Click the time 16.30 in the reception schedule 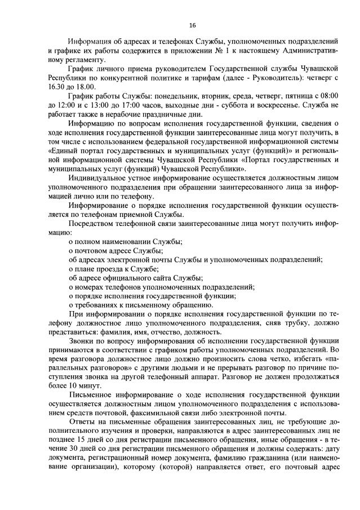(59, 87)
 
